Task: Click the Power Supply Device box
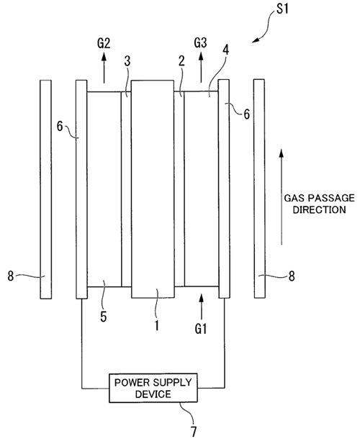point(153,388)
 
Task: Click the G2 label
point(104,43)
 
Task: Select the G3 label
point(201,43)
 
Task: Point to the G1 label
point(201,328)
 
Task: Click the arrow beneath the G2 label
point(104,68)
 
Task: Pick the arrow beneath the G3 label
point(201,67)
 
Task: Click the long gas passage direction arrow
point(282,197)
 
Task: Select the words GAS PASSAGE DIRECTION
point(320,204)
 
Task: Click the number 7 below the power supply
point(194,431)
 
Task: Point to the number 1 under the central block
point(157,325)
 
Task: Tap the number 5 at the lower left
point(104,317)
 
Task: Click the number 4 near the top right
point(226,50)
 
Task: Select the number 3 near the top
point(127,61)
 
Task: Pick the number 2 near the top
point(181,60)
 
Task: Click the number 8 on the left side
point(11,276)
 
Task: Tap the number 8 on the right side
point(292,276)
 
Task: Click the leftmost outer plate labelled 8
point(45,189)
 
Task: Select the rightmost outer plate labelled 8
point(259,189)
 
